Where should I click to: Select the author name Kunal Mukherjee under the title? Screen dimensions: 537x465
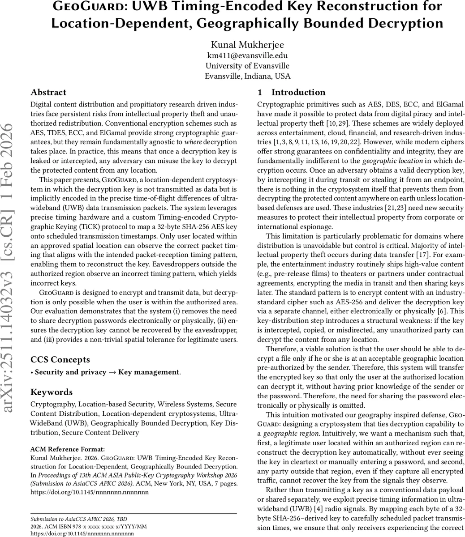[247, 45]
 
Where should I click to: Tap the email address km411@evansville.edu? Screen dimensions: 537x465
[247, 55]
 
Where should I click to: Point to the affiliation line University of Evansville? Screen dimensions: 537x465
[247, 66]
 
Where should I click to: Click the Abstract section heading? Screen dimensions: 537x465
[48, 93]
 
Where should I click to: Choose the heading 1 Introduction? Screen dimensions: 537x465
[292, 93]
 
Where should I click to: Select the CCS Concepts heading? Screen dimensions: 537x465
[60, 360]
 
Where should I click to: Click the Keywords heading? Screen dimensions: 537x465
[52, 392]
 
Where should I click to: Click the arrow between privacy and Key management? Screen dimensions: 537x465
[112, 372]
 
